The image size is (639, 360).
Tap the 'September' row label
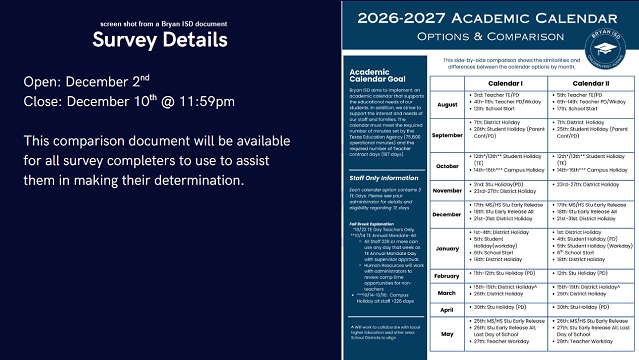(x=391, y=134)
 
